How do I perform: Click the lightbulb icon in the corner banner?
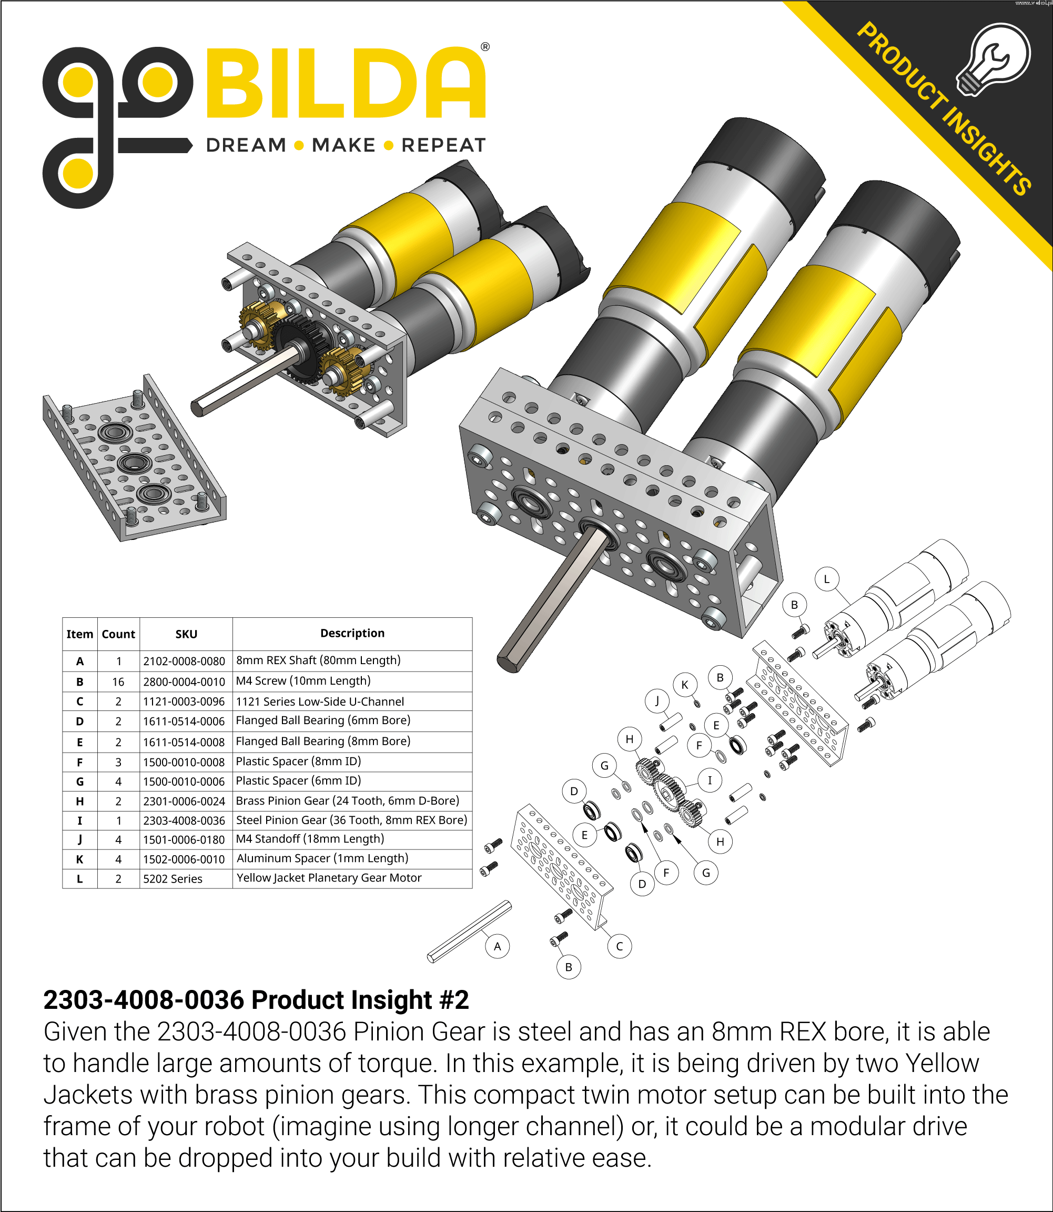point(993,59)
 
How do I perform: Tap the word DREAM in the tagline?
point(246,145)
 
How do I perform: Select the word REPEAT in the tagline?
point(443,145)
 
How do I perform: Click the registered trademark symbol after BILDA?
point(485,47)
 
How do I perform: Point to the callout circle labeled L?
point(827,579)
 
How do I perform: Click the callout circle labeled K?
point(685,685)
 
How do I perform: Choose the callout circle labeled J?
point(657,700)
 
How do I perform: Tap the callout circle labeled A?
point(498,946)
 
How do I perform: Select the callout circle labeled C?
point(620,946)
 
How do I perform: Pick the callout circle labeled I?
point(710,780)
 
